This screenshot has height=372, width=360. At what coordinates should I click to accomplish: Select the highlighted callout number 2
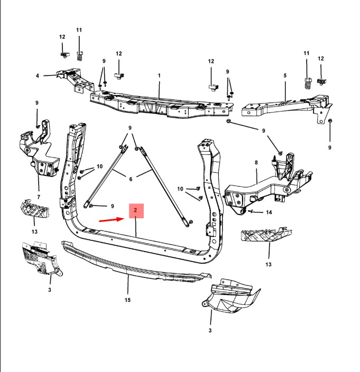136,211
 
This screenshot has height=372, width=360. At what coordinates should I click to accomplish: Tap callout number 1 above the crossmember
159,76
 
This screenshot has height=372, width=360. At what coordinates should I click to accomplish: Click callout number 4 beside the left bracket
38,76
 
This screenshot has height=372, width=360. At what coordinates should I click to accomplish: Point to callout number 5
285,76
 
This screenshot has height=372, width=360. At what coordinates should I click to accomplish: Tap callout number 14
269,212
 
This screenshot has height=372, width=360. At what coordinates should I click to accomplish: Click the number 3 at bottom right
210,330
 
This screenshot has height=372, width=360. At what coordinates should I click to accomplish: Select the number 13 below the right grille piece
268,264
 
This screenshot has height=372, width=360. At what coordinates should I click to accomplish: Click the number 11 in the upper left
79,30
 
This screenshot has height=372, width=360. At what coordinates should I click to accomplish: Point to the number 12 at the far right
321,59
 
